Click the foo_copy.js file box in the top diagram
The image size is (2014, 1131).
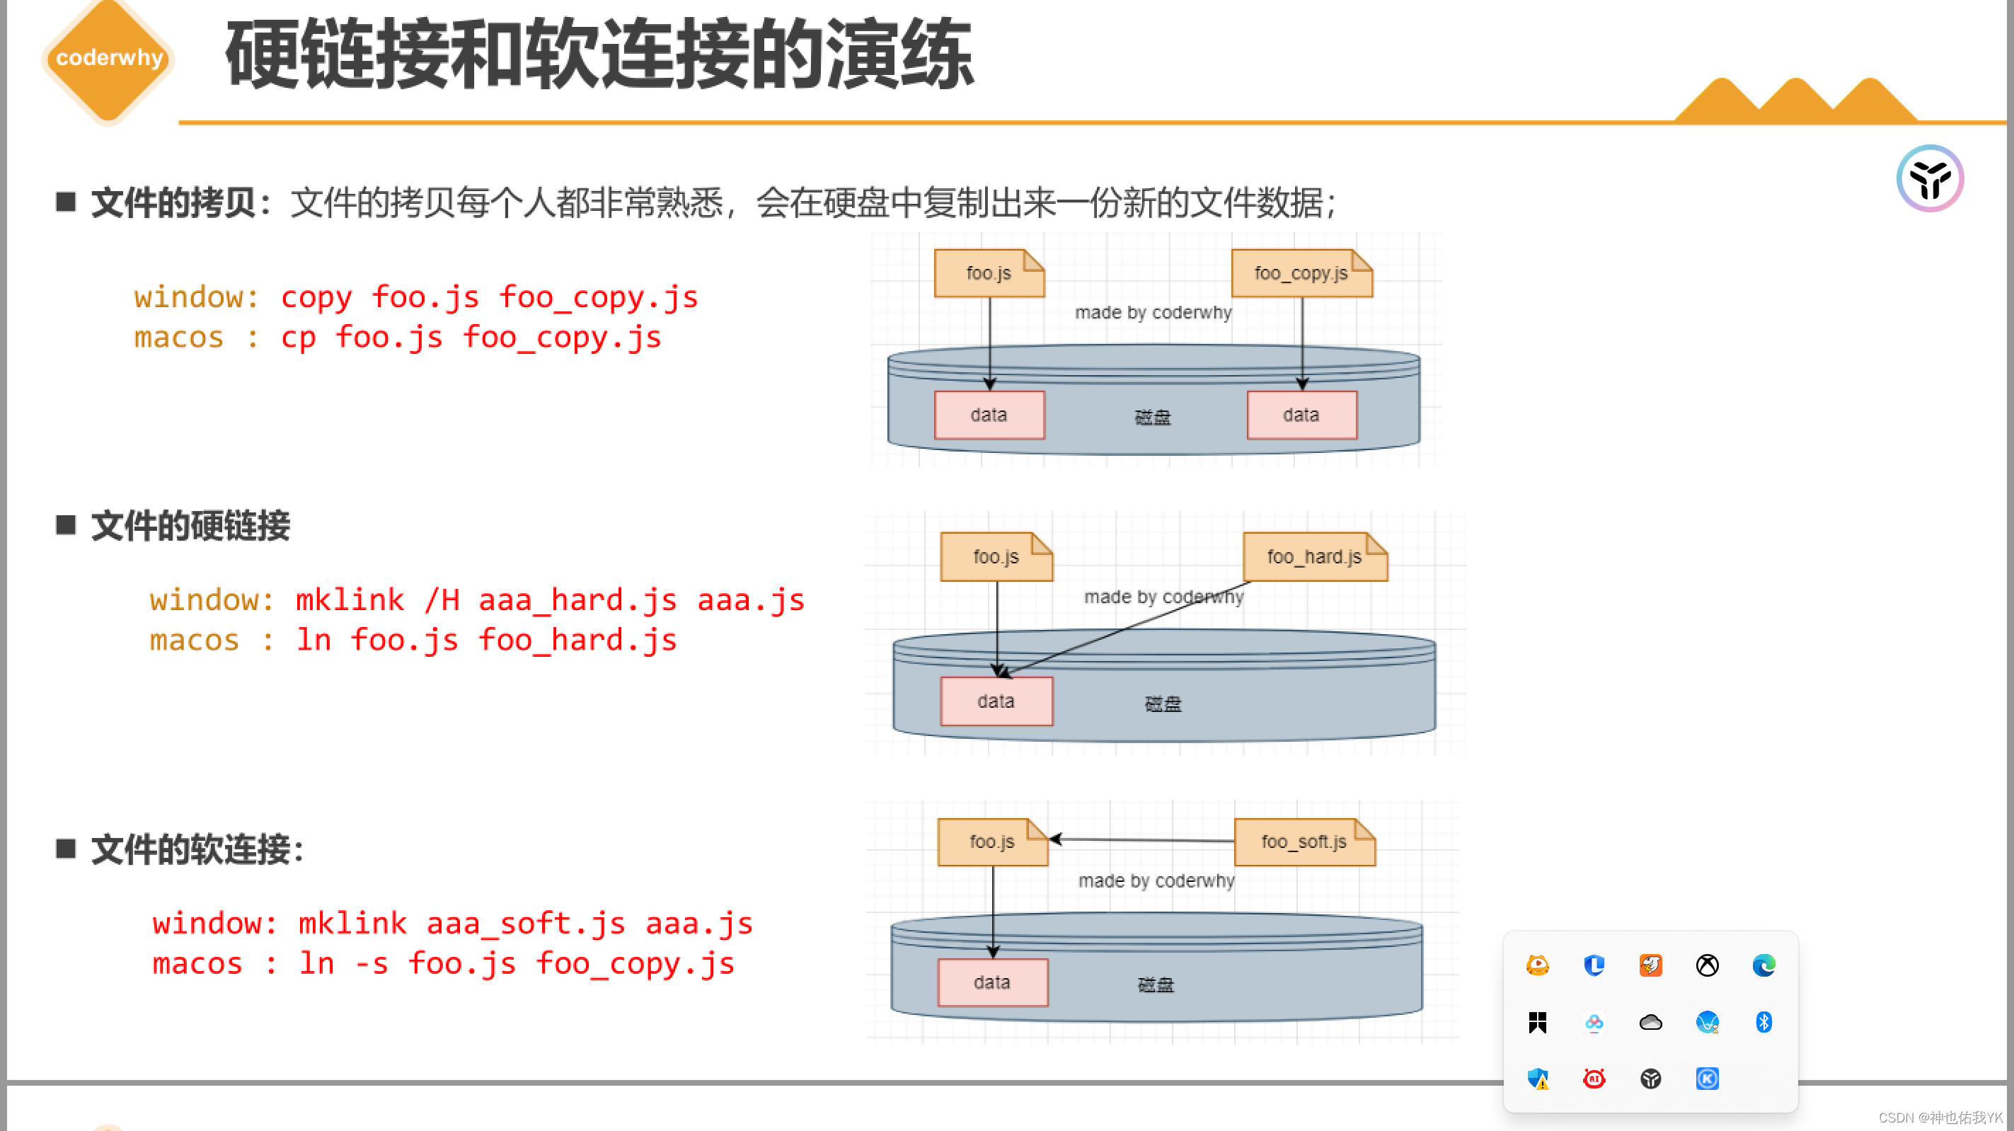(x=1301, y=274)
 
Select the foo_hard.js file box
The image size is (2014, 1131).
(x=1314, y=557)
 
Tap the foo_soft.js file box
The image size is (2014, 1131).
(x=1304, y=842)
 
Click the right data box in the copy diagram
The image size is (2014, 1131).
(x=1301, y=415)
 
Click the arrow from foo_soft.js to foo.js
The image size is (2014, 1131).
(x=1141, y=840)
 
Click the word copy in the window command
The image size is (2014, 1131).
(x=316, y=298)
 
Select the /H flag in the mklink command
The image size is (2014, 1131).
(x=442, y=601)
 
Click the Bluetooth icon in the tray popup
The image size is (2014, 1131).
(x=1763, y=1022)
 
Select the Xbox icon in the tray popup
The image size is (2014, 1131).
(x=1707, y=966)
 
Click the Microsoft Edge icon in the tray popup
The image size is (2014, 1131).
(x=1763, y=966)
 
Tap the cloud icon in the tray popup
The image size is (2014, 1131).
(x=1650, y=1022)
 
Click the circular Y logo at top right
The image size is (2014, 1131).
(x=1930, y=178)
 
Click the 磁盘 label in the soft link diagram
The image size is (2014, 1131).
(x=1156, y=984)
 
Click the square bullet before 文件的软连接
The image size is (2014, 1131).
(x=66, y=849)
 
